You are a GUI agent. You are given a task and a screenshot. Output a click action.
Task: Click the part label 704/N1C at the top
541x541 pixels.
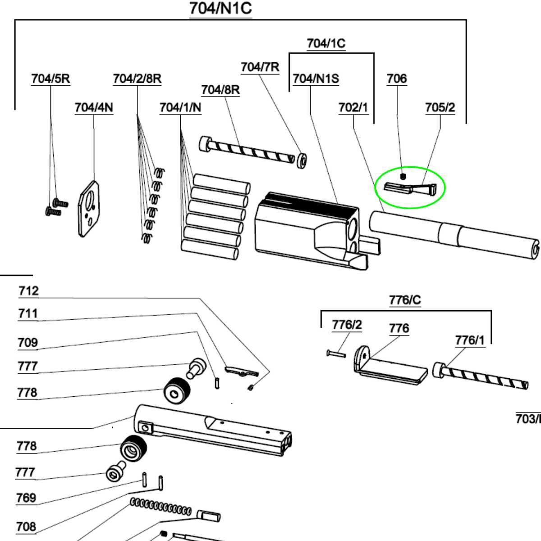tap(220, 9)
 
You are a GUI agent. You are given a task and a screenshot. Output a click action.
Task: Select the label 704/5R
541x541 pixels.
tap(50, 78)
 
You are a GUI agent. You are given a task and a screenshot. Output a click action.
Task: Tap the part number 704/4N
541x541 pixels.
tap(94, 107)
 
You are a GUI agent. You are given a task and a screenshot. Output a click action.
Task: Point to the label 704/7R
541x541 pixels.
tap(260, 67)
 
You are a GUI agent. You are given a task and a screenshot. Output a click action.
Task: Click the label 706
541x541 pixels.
tap(397, 79)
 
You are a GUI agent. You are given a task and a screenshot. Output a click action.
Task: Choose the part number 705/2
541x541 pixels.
tap(440, 108)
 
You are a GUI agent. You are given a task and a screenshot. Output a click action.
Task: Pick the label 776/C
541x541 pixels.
tap(405, 300)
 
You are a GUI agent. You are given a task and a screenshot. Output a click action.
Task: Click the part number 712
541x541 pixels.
tap(28, 291)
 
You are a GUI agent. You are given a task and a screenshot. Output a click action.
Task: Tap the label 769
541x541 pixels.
tap(26, 498)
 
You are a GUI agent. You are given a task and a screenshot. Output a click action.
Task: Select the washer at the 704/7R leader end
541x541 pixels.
tap(302, 160)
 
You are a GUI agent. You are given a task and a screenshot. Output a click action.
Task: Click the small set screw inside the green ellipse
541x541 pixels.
tap(403, 176)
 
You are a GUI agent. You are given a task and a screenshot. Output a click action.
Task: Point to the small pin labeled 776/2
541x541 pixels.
tap(336, 353)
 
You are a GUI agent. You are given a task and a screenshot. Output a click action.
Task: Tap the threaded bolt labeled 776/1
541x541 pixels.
tap(480, 377)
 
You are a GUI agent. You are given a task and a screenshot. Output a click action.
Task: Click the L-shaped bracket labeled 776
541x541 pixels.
tap(388, 367)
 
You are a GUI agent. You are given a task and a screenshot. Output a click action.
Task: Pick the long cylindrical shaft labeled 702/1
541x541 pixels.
tap(451, 234)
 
